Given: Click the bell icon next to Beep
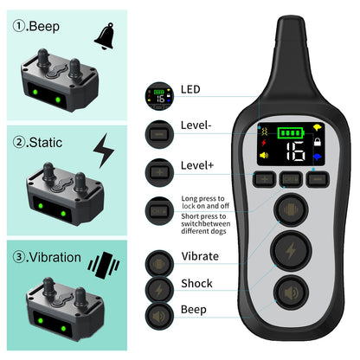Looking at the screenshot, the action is pos(105,36).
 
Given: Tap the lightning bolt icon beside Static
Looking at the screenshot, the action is pos(104,151).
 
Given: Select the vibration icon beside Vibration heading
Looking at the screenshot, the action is pos(104,265).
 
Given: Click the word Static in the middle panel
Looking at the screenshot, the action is pos(46,143).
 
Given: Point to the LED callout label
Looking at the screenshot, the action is pos(190,89).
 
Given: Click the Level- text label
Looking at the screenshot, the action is pos(196,125).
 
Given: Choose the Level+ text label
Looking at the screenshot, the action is pos(197,165).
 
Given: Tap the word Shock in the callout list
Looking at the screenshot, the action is pos(196,283).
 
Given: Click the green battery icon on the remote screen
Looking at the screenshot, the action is pos(291,133).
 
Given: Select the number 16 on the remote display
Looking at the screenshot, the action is pos(295,151).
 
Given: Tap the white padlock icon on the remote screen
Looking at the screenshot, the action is pos(318,142).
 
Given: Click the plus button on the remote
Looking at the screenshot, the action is pos(264,179).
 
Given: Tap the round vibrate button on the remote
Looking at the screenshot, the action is pos(291,209).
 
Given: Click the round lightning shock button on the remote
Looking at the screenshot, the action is pos(291,250).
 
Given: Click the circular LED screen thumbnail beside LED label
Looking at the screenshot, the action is pos(159,96).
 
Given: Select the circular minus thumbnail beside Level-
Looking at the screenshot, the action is pos(159,134).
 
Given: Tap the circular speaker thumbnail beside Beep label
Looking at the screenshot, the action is pos(159,317).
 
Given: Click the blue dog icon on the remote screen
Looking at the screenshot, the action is pos(318,157).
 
